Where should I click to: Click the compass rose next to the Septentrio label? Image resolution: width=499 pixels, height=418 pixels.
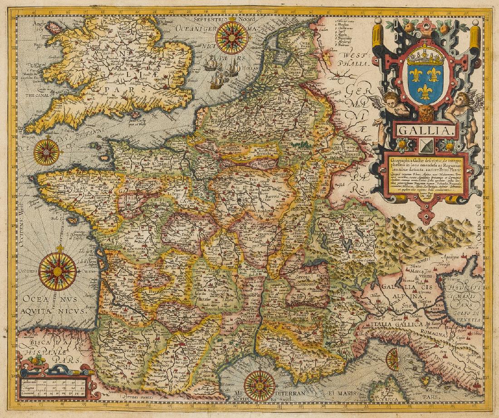(x=232, y=38)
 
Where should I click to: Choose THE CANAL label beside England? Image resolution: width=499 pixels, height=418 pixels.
(x=38, y=95)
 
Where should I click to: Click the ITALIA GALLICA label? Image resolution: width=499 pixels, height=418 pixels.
(x=392, y=324)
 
